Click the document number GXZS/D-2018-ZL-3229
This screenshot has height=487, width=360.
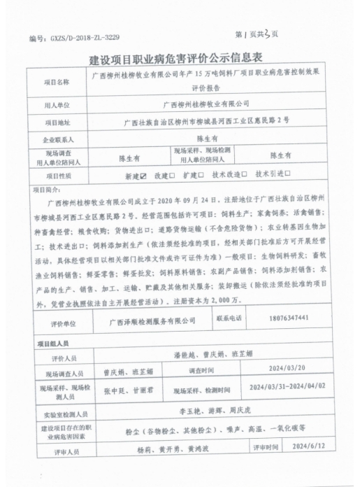point(70,37)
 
